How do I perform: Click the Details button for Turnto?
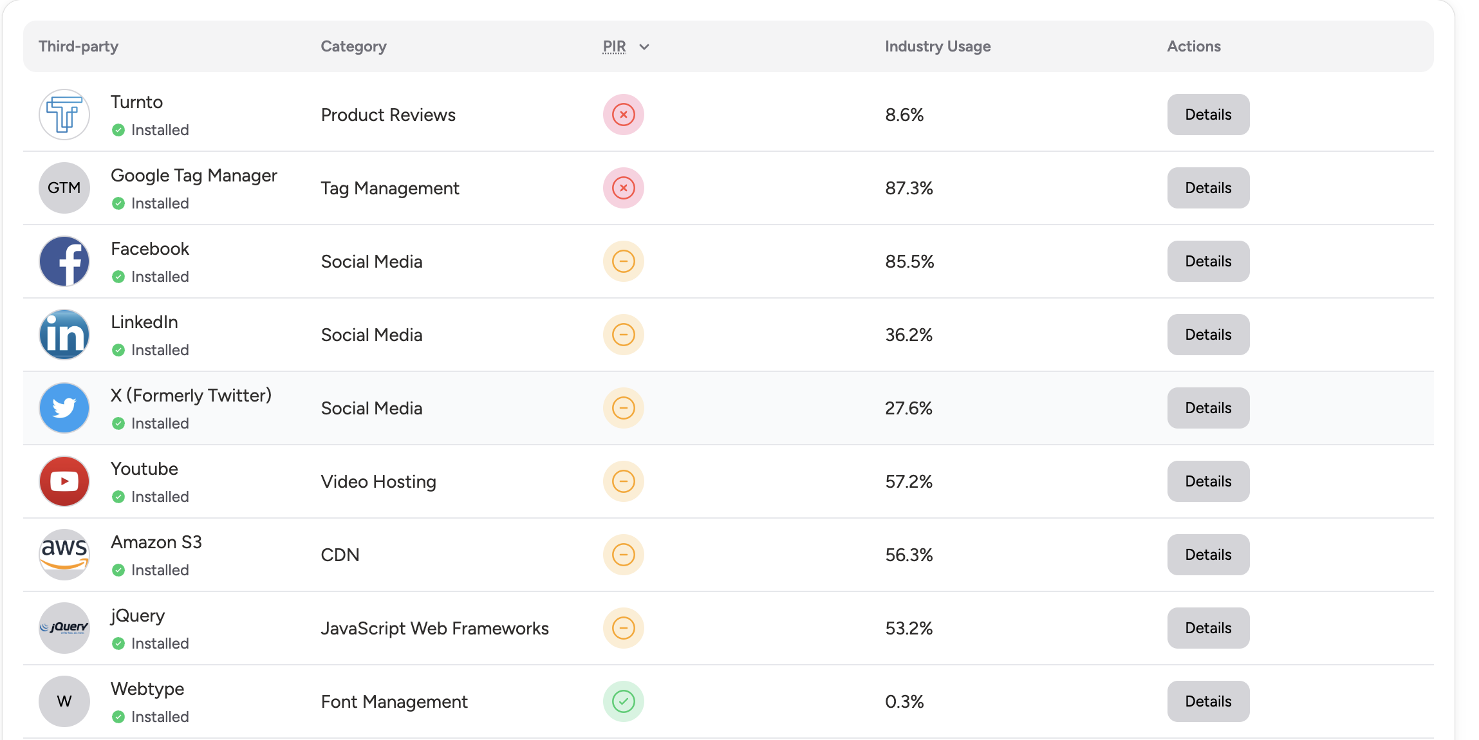(1208, 115)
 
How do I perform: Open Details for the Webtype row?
(1208, 701)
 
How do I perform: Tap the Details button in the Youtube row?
(1208, 481)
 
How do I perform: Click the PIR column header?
(614, 46)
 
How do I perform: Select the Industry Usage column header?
(938, 46)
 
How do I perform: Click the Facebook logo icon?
(64, 261)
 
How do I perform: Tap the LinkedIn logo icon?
(64, 335)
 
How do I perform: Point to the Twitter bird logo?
(64, 408)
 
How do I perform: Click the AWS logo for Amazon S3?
(64, 555)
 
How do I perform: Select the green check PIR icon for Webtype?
(623, 701)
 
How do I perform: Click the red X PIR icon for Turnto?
(623, 115)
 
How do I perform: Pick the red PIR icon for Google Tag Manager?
(623, 188)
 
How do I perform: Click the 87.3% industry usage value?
(909, 188)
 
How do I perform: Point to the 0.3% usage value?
(904, 701)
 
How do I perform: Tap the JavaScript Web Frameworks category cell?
(434, 628)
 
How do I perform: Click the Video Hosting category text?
(378, 481)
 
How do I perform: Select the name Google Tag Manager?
(194, 175)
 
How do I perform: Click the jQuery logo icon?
(64, 628)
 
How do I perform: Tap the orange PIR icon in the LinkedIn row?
(623, 335)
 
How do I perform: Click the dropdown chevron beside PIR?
(644, 47)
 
